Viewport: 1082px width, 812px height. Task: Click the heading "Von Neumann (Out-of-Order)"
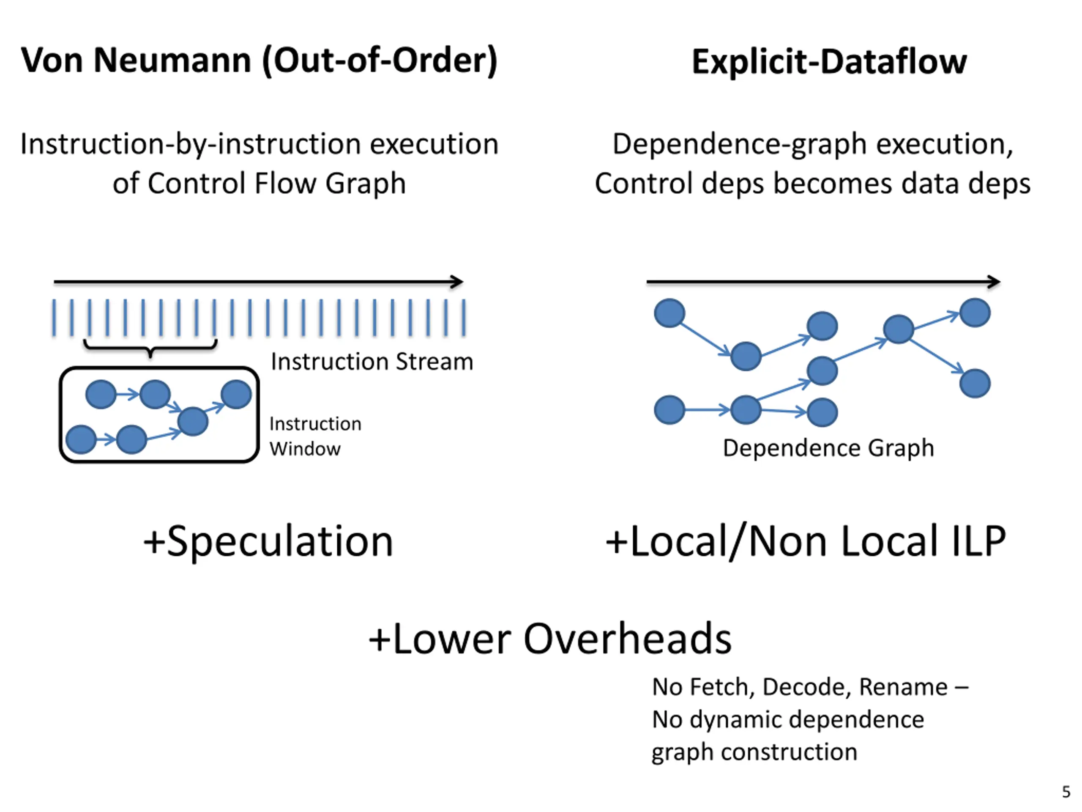pos(259,61)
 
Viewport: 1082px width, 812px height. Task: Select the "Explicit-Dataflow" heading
pos(829,62)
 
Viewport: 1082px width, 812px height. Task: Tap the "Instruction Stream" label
pos(372,362)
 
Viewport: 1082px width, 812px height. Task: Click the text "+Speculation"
pos(268,541)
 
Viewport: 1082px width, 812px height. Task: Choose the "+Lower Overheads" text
pos(550,639)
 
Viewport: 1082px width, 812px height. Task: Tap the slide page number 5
pos(1066,791)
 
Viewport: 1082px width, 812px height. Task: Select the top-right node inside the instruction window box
pos(236,395)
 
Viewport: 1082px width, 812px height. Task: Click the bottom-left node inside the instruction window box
pos(81,439)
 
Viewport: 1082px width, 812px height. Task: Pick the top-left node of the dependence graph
pos(669,313)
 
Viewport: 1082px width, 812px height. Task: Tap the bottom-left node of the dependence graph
pos(669,410)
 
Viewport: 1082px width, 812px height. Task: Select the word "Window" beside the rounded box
pos(305,449)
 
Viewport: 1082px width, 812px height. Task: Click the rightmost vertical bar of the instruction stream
pos(464,318)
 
